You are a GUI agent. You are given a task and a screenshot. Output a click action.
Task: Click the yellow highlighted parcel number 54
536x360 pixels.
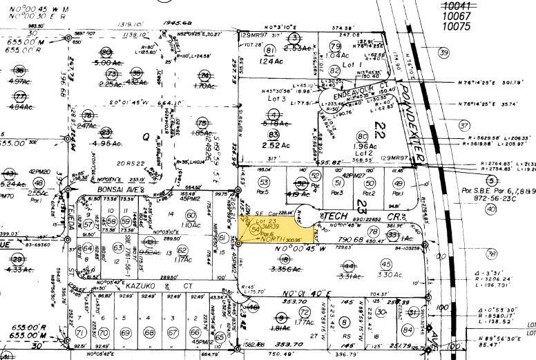click(256, 228)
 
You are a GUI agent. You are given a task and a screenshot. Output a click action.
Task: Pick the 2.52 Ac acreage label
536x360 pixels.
click(276, 146)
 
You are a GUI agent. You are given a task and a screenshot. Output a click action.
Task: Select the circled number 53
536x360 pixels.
click(262, 182)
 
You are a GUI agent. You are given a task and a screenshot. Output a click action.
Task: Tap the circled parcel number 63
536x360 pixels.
click(182, 250)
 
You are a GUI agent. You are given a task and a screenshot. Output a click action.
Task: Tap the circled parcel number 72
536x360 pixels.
click(305, 312)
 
